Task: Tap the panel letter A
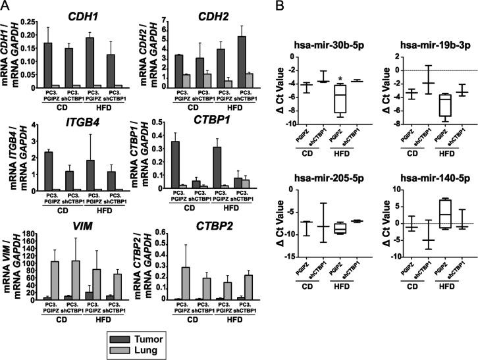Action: pos(6,6)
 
